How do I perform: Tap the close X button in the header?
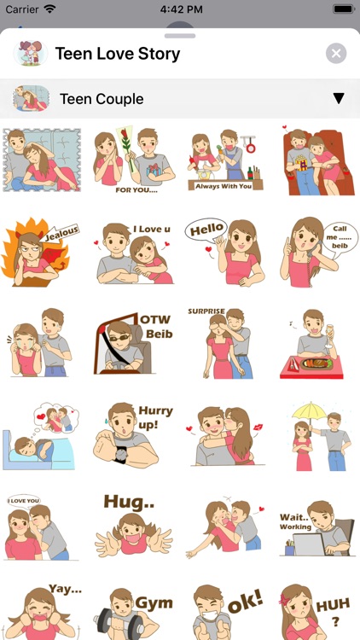[x=336, y=54]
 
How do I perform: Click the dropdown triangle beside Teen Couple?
[x=339, y=99]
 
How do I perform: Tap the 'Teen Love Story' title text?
[x=118, y=54]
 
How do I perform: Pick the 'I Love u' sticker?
[x=134, y=253]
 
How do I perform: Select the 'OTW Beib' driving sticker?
[x=134, y=343]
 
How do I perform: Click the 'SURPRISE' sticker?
[x=226, y=343]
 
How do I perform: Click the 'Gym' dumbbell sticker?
[x=134, y=613]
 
